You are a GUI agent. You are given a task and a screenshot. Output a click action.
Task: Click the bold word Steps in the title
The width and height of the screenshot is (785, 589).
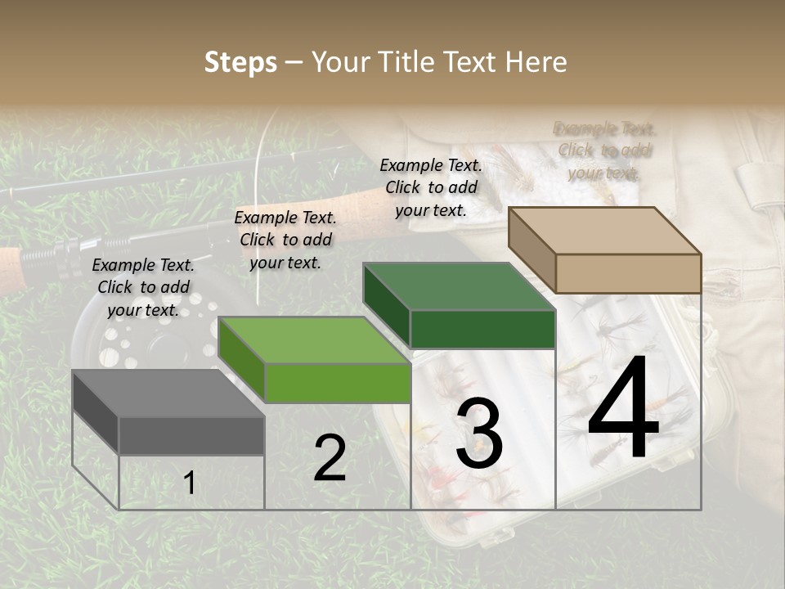240,62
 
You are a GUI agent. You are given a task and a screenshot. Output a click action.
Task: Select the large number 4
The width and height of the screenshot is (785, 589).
623,408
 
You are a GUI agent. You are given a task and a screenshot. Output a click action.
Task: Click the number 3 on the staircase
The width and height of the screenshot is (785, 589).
479,434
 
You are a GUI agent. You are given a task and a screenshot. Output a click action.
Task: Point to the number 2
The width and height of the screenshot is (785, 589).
330,458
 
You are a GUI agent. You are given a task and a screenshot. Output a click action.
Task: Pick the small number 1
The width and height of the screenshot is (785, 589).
189,483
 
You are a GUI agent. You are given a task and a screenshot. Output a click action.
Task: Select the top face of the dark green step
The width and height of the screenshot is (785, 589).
458,287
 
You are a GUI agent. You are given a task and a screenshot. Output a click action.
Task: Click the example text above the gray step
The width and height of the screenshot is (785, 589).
143,287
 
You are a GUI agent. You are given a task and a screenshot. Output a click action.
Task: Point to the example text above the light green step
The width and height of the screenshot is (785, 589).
285,240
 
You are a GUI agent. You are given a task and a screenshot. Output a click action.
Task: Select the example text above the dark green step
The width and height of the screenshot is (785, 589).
431,187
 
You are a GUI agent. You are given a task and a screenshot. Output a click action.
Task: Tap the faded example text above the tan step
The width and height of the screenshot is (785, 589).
605,151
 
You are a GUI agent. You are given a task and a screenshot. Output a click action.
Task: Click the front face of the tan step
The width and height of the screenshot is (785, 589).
628,273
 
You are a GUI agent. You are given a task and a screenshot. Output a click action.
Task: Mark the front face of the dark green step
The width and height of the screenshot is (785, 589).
482,329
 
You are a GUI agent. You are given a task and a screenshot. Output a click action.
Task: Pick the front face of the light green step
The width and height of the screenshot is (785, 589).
337,383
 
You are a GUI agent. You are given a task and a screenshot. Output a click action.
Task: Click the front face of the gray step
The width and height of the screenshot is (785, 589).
191,435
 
